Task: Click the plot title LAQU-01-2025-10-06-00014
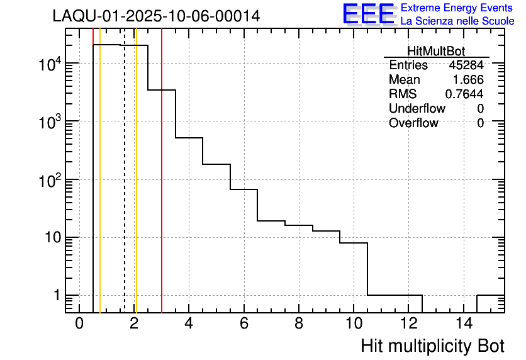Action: pyautogui.click(x=156, y=16)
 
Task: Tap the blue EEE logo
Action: pyautogui.click(x=369, y=14)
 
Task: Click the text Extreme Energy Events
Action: pyautogui.click(x=457, y=8)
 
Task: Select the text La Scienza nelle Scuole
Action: pyautogui.click(x=457, y=21)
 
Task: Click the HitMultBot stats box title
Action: pyautogui.click(x=436, y=52)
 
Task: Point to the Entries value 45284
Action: pyautogui.click(x=466, y=65)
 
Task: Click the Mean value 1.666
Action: pyautogui.click(x=468, y=80)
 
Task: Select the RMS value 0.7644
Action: pyautogui.click(x=464, y=94)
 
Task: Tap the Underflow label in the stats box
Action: pyautogui.click(x=417, y=108)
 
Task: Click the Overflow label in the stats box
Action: pyautogui.click(x=413, y=123)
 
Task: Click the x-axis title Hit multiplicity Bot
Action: pyautogui.click(x=432, y=346)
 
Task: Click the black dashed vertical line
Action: pyautogui.click(x=125, y=189)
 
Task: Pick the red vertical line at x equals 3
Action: pyautogui.click(x=162, y=189)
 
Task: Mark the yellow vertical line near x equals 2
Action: pyautogui.click(x=136, y=189)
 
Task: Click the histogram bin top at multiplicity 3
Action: pyautogui.click(x=162, y=90)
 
